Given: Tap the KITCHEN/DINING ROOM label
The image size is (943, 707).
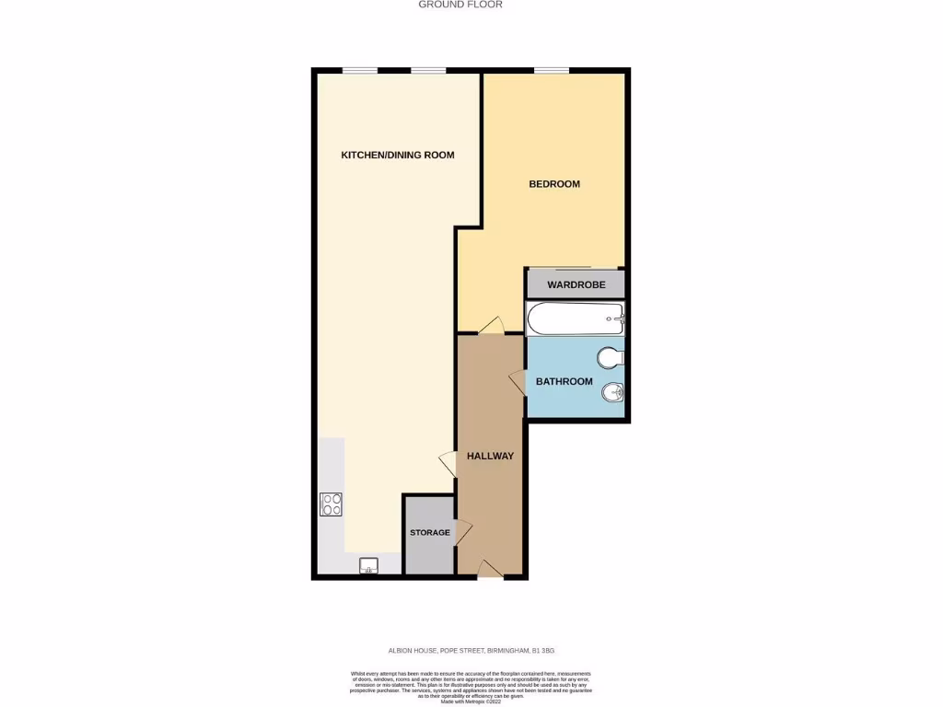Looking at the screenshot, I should [398, 155].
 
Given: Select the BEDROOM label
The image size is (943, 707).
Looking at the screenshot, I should [554, 184].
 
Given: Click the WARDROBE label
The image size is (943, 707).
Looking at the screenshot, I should [576, 285].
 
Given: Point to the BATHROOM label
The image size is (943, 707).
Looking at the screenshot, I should [565, 381].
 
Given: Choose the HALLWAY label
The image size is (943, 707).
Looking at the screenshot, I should [490, 456].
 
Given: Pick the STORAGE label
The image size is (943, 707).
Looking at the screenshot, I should [430, 533].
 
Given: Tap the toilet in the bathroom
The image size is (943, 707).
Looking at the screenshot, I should [611, 356].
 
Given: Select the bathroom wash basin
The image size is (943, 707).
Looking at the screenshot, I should [613, 394].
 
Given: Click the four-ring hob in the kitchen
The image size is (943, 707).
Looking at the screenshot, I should [332, 504].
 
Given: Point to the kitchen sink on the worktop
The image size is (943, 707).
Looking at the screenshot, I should [369, 564].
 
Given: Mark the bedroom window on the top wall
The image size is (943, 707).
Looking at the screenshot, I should [552, 71].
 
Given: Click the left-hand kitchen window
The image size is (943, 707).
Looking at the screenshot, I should [360, 71].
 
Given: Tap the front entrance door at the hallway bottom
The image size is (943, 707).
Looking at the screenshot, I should [491, 570].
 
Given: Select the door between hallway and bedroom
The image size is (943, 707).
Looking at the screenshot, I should [491, 327].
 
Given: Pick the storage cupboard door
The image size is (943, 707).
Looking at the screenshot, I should [462, 531].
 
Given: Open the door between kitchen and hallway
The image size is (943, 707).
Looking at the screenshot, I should [448, 463].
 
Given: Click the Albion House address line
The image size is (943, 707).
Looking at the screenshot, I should [471, 649].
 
